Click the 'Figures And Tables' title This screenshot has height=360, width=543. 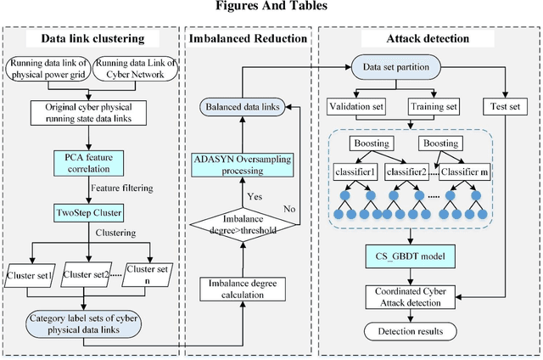271,8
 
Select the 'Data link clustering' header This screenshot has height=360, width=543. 92,38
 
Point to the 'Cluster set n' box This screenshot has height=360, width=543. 148,274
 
